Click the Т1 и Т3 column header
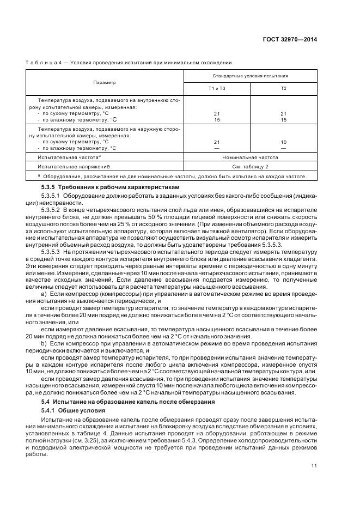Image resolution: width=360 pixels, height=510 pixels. coord(217,88)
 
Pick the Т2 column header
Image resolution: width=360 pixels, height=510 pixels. coord(283,88)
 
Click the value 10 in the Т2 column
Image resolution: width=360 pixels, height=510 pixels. coord(283,142)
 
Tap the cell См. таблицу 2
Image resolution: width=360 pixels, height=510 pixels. coord(250,166)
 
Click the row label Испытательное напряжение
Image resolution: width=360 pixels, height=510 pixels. coord(74,166)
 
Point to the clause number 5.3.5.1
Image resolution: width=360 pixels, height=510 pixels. coord(50,195)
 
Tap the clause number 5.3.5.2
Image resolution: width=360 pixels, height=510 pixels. coord(50,209)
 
